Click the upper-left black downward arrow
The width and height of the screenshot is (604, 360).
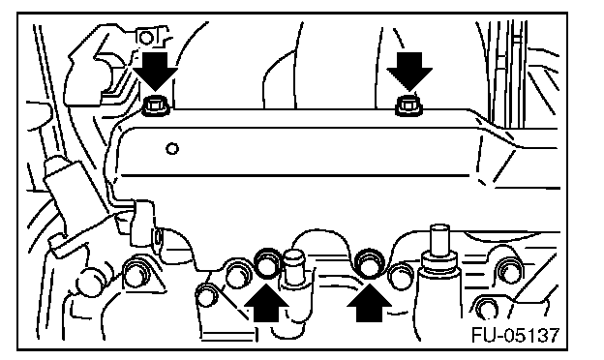155,72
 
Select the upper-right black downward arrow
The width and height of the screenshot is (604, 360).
409,72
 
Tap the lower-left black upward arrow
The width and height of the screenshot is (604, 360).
266,303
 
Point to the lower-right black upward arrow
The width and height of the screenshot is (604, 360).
369,303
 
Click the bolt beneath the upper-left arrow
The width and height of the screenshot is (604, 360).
156,105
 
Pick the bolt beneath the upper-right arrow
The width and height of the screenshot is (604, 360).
409,105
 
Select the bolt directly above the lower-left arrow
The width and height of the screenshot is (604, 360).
268,262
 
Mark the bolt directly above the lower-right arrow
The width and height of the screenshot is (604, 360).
369,262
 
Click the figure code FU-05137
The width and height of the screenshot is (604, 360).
515,335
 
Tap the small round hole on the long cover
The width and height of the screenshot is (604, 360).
171,148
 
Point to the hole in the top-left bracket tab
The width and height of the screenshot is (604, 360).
146,38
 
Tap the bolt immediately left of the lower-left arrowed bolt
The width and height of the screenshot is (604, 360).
239,273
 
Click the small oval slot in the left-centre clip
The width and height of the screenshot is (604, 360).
158,237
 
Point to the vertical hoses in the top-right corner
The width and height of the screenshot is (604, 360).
504,74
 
